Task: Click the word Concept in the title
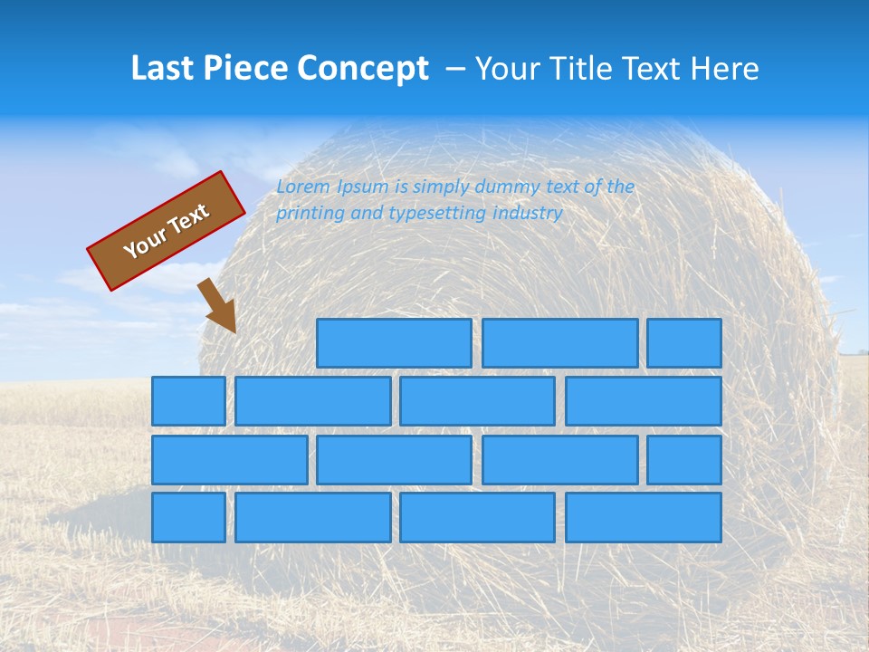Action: click(x=363, y=69)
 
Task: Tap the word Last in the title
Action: click(x=164, y=69)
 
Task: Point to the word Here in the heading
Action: click(x=724, y=69)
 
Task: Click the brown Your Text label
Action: click(x=167, y=231)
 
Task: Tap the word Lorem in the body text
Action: click(x=303, y=187)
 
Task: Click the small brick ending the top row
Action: click(x=684, y=343)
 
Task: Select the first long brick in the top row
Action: click(x=394, y=343)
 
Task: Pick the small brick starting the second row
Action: click(x=188, y=401)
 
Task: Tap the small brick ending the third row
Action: click(x=684, y=460)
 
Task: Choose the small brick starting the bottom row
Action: click(x=188, y=518)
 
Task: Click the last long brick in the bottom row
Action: click(x=644, y=518)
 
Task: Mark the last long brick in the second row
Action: click(x=644, y=401)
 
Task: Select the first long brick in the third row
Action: click(x=229, y=460)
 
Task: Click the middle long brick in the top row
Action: click(x=559, y=343)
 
